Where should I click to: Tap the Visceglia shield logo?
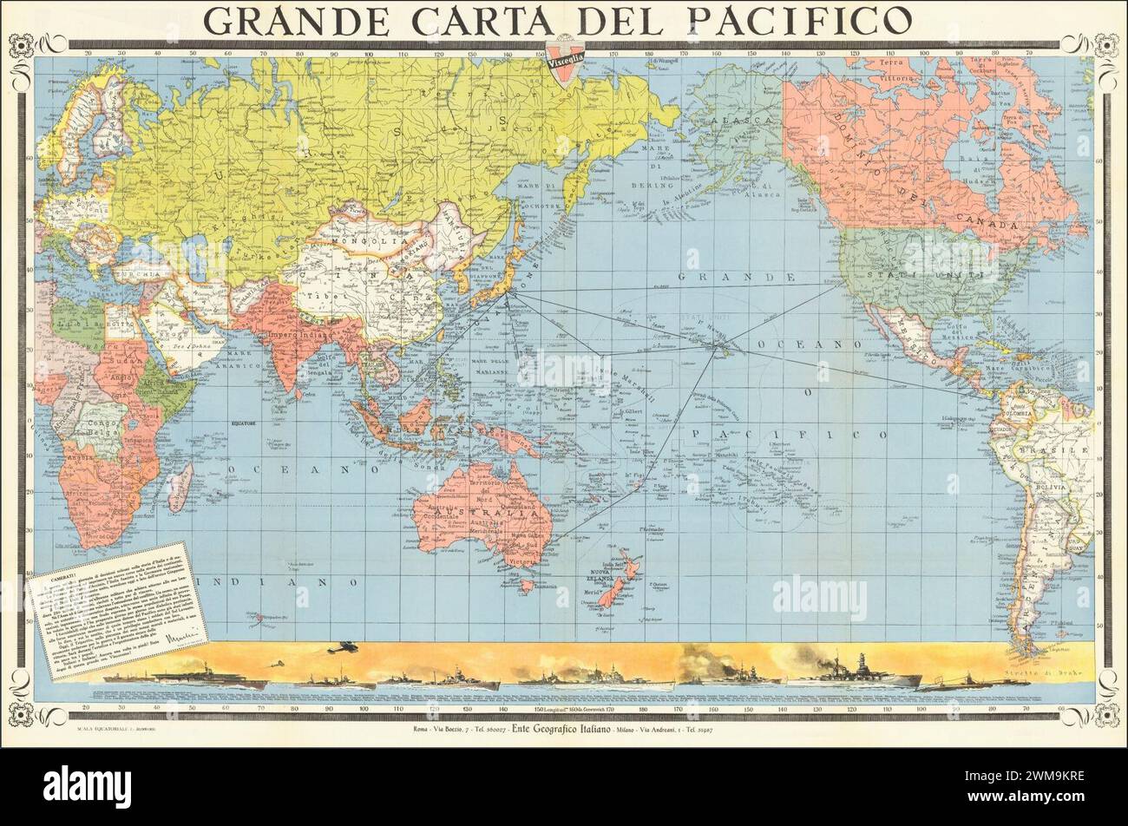(564, 63)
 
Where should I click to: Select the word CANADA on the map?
(993, 225)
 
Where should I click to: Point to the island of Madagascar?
(180, 487)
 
